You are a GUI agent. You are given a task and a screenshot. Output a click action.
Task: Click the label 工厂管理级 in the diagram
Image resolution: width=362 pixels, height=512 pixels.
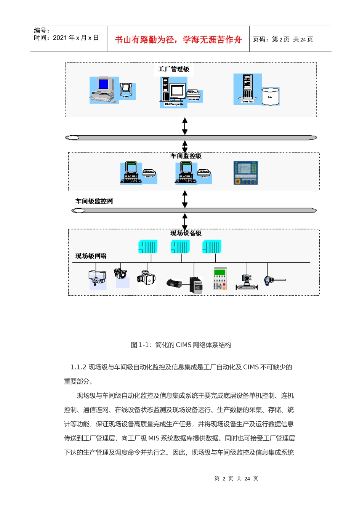tap(173, 69)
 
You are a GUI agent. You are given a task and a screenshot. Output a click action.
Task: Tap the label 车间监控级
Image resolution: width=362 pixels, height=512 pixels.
tap(186, 156)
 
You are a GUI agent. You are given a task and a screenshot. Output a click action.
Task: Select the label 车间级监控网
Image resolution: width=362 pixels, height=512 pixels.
tap(94, 201)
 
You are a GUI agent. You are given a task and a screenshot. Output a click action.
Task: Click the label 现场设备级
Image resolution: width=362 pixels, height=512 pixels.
tap(186, 233)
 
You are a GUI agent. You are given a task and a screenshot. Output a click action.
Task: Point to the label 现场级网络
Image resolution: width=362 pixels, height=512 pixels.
tap(91, 256)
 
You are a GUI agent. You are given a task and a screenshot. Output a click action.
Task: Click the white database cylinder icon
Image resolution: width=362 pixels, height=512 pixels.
tap(271, 96)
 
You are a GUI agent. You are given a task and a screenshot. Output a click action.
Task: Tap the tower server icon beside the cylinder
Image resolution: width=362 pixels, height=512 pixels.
tap(247, 88)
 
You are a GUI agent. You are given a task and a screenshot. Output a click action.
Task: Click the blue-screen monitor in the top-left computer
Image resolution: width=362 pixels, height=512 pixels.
tap(103, 84)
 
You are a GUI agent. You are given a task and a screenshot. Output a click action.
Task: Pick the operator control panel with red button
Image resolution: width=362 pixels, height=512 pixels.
tap(245, 173)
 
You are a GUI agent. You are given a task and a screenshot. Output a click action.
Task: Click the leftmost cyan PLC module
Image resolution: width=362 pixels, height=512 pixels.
tap(147, 247)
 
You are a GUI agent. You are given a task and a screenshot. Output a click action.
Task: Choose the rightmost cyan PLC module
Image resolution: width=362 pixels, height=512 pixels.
tap(212, 247)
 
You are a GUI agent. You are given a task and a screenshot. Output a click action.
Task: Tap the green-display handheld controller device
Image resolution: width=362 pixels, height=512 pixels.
tap(220, 279)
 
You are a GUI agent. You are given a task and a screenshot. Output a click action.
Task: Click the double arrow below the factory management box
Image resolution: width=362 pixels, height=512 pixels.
tap(185, 126)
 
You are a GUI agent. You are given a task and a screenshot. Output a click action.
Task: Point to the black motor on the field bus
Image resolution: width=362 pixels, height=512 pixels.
tap(175, 283)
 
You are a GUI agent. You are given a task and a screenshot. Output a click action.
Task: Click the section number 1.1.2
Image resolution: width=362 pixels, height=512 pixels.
tap(78, 367)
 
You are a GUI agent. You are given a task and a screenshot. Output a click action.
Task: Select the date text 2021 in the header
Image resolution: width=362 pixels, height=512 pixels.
tap(60, 38)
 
